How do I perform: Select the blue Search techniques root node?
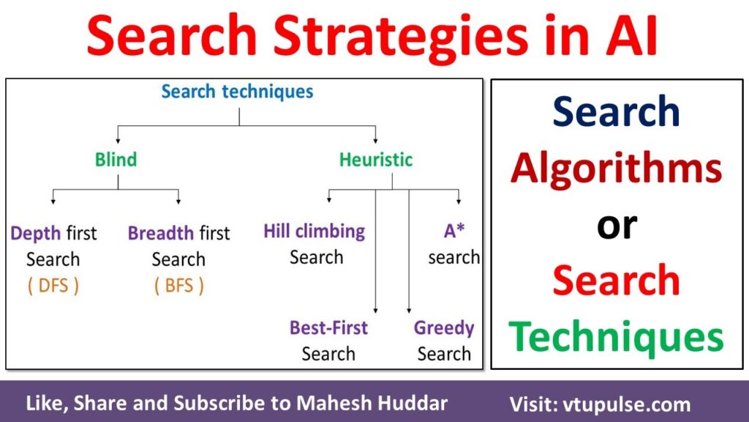click(x=237, y=92)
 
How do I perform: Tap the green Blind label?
click(x=116, y=159)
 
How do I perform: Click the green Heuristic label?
click(x=376, y=159)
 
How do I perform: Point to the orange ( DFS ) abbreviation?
click(x=53, y=286)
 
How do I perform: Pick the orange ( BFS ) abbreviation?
click(x=179, y=286)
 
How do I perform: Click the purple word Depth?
click(x=36, y=234)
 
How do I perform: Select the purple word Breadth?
click(x=161, y=234)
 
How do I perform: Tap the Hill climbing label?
click(x=315, y=232)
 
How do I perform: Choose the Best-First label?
click(x=328, y=327)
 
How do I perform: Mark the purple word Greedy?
click(x=444, y=327)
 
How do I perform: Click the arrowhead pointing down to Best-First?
click(x=375, y=311)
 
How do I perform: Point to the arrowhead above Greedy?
click(x=409, y=311)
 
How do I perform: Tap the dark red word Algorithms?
click(x=617, y=169)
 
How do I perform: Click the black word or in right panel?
click(x=617, y=225)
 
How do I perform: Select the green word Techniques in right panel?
click(x=617, y=338)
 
